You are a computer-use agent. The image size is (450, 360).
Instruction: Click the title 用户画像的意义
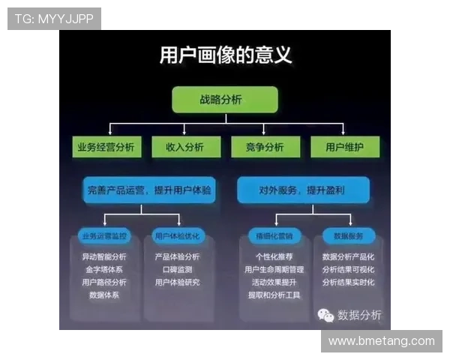pos(225,55)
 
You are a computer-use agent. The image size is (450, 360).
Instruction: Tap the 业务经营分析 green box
pos(106,147)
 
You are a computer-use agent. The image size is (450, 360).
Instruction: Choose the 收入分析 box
pos(184,147)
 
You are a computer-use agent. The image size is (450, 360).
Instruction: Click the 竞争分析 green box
pos(264,147)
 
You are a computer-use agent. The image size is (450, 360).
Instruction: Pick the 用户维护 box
pos(345,147)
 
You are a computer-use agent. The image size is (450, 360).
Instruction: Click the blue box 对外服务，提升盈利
pos(302,190)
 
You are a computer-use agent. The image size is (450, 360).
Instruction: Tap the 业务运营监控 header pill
pos(105,236)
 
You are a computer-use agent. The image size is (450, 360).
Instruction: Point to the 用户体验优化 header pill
pos(177,236)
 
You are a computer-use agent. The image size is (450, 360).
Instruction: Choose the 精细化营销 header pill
pos(274,236)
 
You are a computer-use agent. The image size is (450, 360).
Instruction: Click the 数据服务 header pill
pos(348,236)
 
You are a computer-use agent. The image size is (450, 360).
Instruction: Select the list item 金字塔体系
pos(104,269)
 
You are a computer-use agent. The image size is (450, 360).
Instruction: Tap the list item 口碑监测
pos(177,269)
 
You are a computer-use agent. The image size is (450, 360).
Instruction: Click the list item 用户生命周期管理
pos(274,269)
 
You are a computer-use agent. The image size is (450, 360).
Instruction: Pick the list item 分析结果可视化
pos(348,269)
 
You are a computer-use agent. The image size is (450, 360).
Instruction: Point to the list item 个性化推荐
pos(274,256)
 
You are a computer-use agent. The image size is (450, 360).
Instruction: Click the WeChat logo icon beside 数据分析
pos(325,315)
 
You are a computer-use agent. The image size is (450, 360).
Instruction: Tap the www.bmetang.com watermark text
pos(381,341)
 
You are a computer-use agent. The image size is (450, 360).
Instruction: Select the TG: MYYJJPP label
pos(54,19)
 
